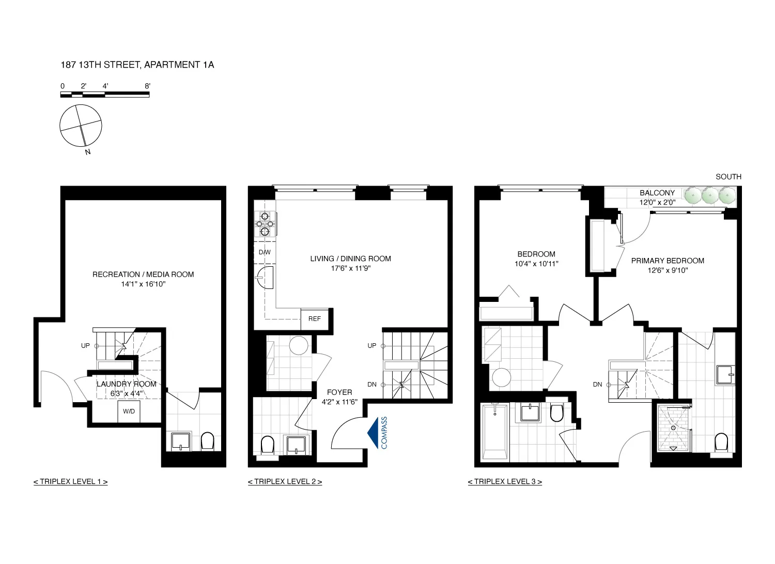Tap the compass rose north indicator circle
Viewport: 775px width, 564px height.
pos(81,126)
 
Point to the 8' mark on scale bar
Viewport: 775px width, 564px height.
pos(147,86)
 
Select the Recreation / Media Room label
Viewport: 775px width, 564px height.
pos(143,275)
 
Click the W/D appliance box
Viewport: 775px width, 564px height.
pos(129,411)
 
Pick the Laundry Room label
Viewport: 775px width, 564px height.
pos(126,384)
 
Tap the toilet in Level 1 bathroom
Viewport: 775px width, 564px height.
pos(207,441)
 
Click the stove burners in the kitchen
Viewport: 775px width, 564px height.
pos(265,224)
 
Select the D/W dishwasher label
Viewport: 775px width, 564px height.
pos(265,252)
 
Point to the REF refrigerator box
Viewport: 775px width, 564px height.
pos(315,319)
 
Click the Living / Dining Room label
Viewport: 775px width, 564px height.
pos(350,258)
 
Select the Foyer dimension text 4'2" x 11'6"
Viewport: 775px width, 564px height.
pos(339,402)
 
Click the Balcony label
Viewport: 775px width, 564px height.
pos(657,193)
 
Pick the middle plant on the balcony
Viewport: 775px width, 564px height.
pos(710,195)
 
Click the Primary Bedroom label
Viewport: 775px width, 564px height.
pos(668,261)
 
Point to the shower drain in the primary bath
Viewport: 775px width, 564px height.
pos(674,428)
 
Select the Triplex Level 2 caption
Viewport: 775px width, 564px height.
pos(285,482)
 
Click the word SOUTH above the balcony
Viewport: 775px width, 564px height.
pos(728,177)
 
